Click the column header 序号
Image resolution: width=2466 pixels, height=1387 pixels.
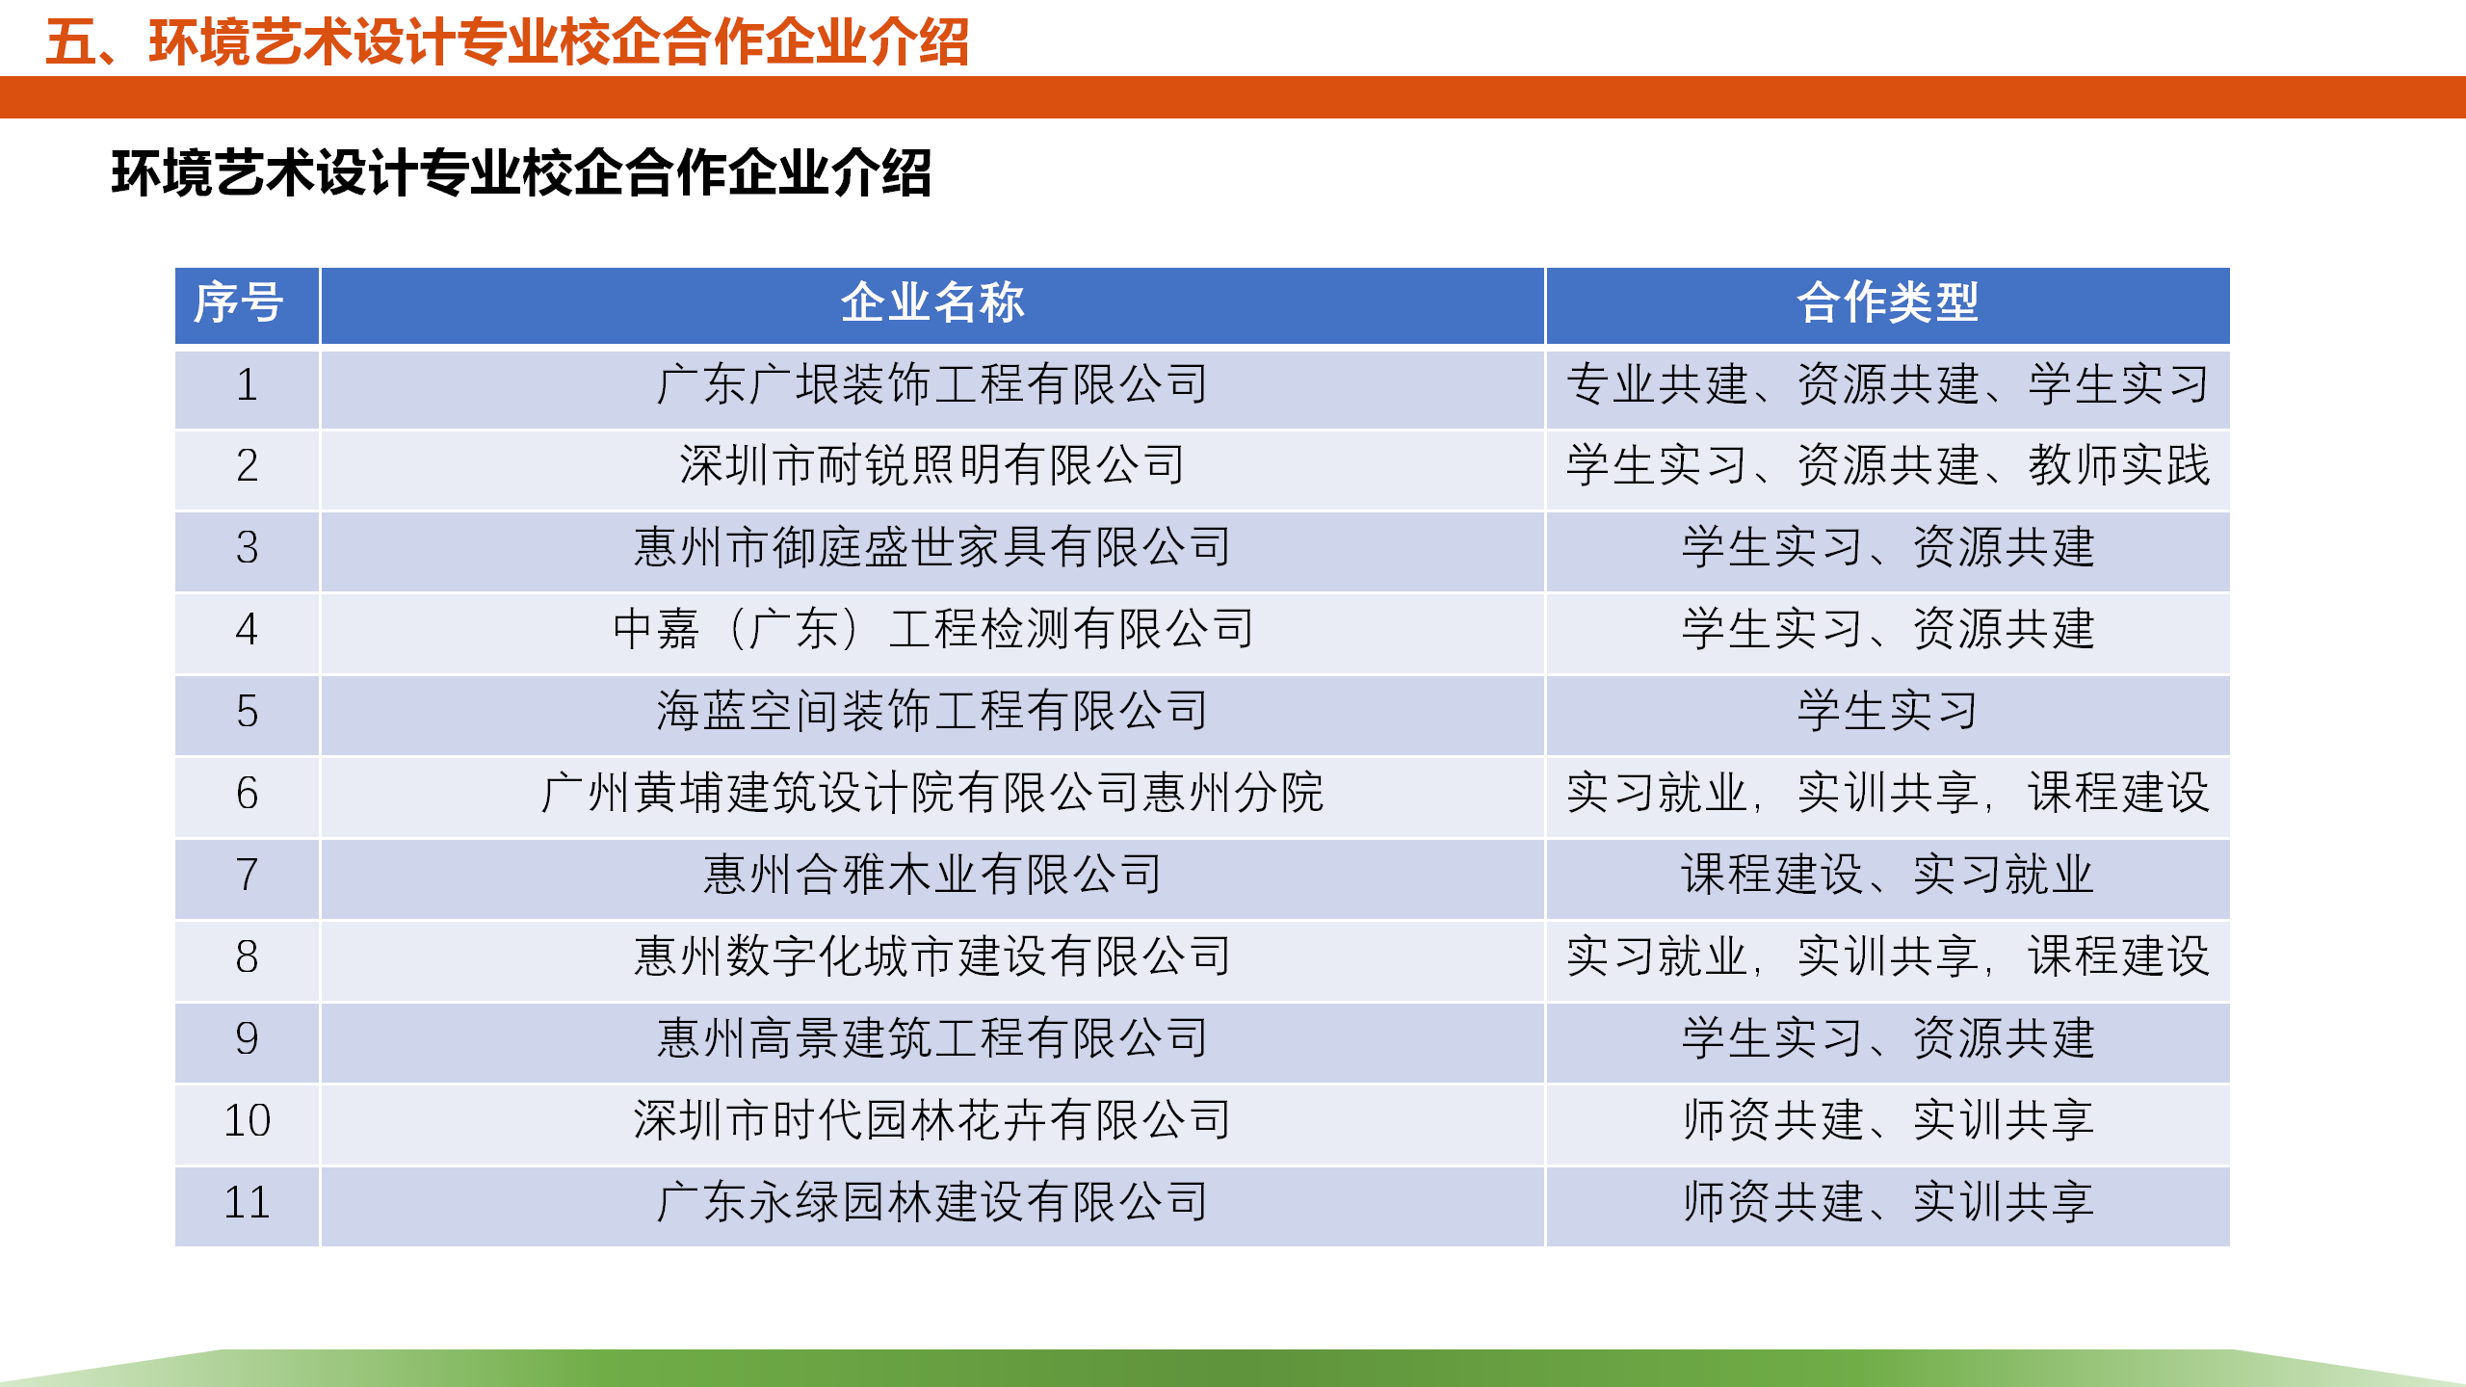pos(239,302)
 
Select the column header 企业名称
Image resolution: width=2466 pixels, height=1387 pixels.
pos(932,302)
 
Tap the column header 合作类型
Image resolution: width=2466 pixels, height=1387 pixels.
pos(1888,302)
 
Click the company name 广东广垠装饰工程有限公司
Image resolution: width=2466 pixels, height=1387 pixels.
pos(932,384)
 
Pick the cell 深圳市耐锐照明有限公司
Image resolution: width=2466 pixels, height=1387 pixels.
pos(932,465)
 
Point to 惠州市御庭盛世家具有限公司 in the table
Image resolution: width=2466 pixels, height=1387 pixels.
pos(932,547)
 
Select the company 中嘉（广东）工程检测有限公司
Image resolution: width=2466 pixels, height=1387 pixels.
pos(932,629)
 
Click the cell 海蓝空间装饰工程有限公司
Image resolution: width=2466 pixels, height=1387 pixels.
pos(932,711)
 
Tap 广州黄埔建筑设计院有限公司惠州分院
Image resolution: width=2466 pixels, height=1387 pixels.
pos(932,793)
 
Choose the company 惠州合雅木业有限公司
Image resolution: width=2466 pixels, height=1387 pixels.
pos(932,875)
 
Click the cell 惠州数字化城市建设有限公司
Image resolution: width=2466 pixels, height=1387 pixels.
pos(932,956)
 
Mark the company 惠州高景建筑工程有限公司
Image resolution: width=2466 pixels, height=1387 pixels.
pos(932,1038)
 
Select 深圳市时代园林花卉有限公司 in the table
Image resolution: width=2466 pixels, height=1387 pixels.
pos(932,1120)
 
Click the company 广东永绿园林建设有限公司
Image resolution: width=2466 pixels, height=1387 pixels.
pos(932,1202)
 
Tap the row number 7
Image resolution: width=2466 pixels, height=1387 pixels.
pos(247,875)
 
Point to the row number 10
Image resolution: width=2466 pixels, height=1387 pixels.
pos(247,1120)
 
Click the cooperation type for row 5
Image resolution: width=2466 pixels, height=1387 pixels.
pos(1888,711)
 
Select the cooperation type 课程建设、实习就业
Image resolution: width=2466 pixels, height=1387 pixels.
pos(1888,875)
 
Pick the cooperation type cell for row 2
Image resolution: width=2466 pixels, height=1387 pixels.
pos(1888,465)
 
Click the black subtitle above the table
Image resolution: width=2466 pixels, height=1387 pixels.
pos(521,173)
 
